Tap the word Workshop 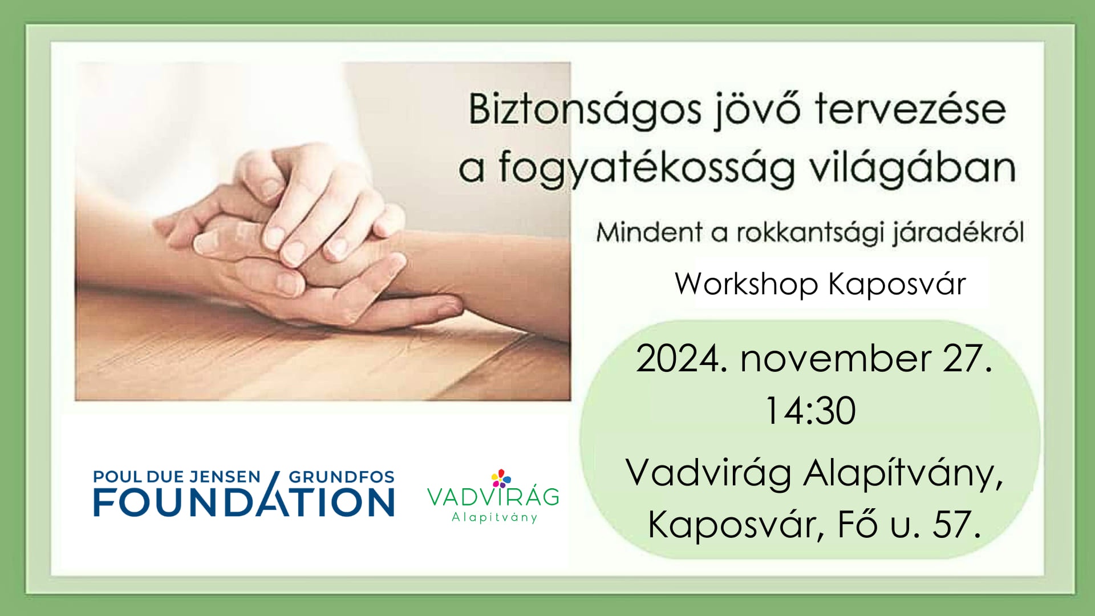(x=747, y=284)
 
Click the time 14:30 (x=810, y=410)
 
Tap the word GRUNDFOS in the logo (x=342, y=476)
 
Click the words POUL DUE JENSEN (x=177, y=476)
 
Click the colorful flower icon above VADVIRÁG (x=501, y=478)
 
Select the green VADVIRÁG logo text (x=493, y=497)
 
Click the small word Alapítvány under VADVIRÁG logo (x=494, y=518)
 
